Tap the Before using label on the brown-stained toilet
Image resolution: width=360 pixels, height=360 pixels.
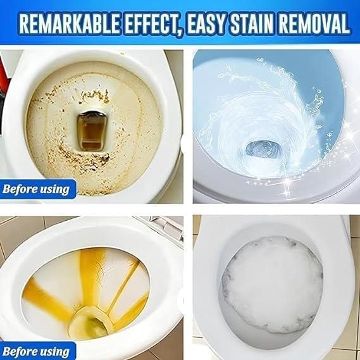click(x=37, y=188)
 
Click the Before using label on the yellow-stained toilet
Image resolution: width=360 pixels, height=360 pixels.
click(x=37, y=351)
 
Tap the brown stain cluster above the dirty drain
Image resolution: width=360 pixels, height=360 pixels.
click(x=95, y=96)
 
